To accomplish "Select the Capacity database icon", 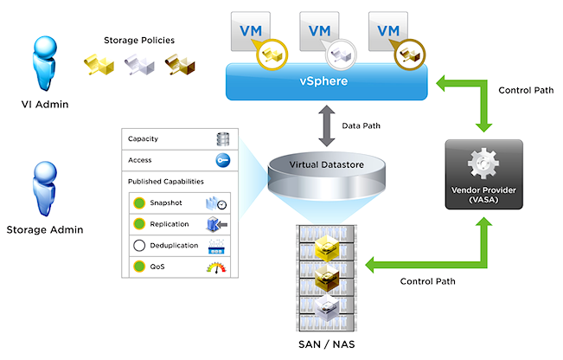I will [x=222, y=139].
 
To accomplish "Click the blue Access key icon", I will [x=222, y=160].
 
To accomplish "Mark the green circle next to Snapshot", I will [x=138, y=203].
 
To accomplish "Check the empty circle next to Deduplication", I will [x=138, y=246].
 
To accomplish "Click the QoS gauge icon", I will [x=221, y=267].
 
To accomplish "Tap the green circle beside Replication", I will [x=138, y=224].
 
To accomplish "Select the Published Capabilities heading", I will [x=165, y=181].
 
